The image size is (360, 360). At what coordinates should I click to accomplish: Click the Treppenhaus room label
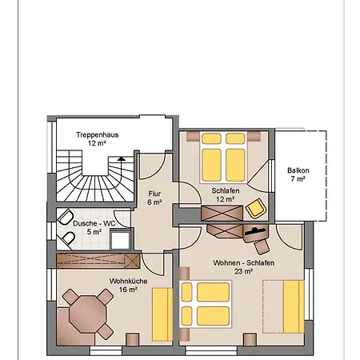coord(98,134)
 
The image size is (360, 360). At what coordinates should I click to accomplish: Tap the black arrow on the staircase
coord(122,158)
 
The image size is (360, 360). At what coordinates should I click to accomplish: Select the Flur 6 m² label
coord(154,198)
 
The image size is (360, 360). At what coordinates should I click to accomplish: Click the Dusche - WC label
coord(94,223)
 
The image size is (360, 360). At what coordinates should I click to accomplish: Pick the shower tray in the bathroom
coord(121,239)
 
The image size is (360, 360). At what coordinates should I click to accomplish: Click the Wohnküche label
coord(128,281)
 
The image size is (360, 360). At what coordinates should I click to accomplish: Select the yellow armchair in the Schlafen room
coord(256,208)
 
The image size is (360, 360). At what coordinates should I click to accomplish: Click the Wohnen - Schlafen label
coord(244,262)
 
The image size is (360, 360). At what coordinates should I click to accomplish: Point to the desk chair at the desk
coord(262,246)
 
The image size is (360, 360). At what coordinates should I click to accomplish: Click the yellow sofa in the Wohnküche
coord(162,314)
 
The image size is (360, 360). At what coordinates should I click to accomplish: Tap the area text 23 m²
coord(244,271)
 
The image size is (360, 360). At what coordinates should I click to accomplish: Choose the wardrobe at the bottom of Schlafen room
coord(222,213)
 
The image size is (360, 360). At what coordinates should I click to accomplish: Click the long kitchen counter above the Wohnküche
coord(98,261)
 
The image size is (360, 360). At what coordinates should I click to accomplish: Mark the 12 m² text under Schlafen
coord(226,199)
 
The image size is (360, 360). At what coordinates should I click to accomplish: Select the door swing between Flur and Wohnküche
coord(153,263)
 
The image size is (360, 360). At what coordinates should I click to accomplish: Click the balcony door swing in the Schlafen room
coord(258,176)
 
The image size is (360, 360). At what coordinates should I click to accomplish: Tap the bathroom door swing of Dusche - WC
coord(122,219)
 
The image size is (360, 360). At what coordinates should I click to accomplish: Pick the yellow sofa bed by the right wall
coord(283,306)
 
